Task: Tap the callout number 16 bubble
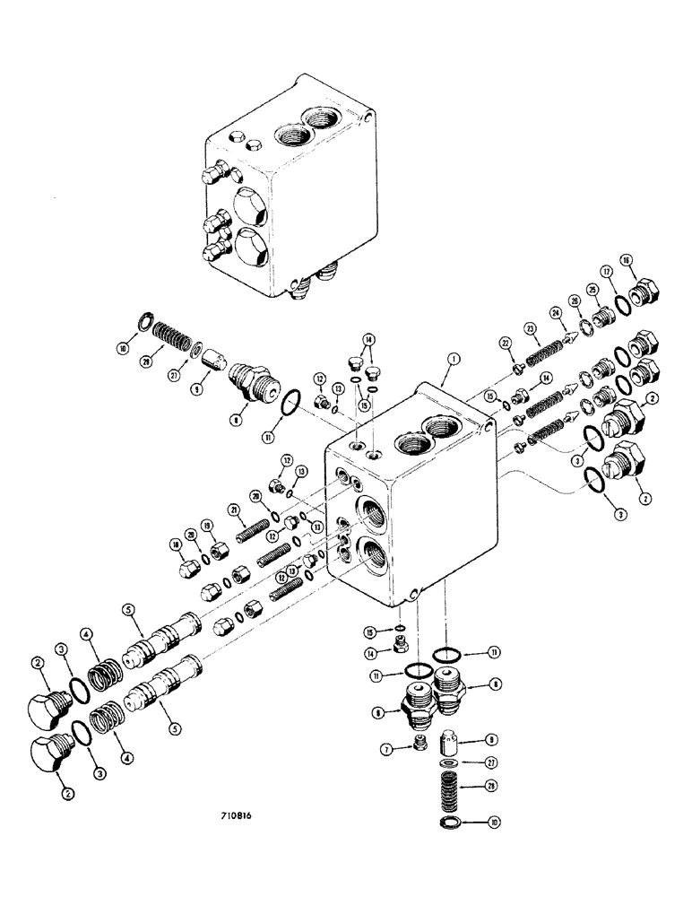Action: pyautogui.click(x=627, y=260)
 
